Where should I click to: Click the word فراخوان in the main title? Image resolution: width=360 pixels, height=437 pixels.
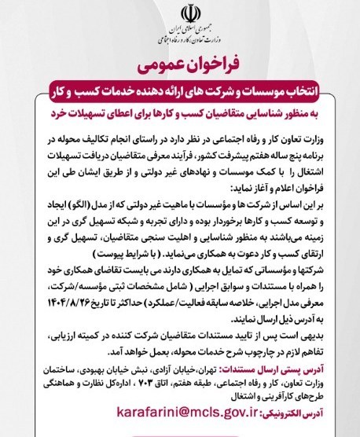pyautogui.click(x=209, y=61)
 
